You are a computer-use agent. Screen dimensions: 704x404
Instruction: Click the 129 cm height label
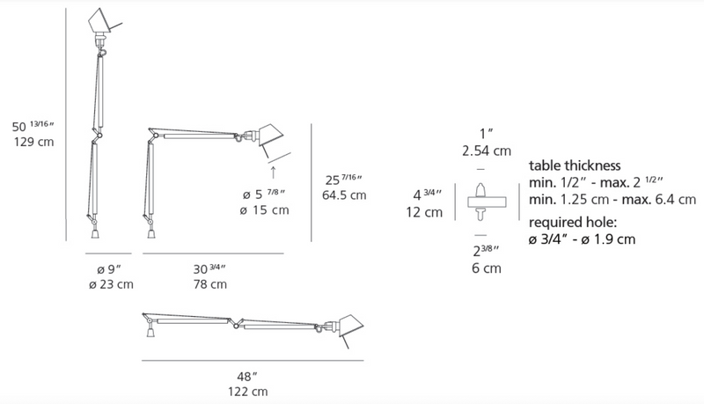pyautogui.click(x=33, y=142)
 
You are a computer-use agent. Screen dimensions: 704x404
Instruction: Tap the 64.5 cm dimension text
pyautogui.click(x=344, y=195)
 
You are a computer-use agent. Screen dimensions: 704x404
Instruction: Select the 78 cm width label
pyautogui.click(x=210, y=284)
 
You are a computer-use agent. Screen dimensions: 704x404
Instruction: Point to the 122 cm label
pyautogui.click(x=247, y=392)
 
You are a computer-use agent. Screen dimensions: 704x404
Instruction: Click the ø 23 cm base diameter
pyautogui.click(x=111, y=284)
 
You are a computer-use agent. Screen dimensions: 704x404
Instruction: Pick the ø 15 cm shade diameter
pyautogui.click(x=264, y=210)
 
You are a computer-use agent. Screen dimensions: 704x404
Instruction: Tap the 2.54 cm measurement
pyautogui.click(x=487, y=151)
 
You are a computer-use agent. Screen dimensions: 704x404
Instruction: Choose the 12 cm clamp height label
pyautogui.click(x=424, y=212)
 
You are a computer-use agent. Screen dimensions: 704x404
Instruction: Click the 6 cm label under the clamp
pyautogui.click(x=487, y=268)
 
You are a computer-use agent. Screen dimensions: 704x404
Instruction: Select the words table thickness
pyautogui.click(x=575, y=165)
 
